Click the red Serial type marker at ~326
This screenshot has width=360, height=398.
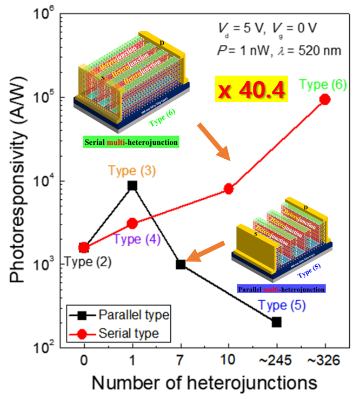[x=325, y=99]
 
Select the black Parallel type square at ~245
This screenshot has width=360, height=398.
[x=277, y=322]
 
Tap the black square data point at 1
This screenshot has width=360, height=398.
[x=132, y=185]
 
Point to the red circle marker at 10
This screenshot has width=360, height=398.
[x=229, y=188]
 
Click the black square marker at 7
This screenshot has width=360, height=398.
[x=181, y=264]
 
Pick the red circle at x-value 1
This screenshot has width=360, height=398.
[x=132, y=223]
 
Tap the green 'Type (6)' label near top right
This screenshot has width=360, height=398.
[x=324, y=84]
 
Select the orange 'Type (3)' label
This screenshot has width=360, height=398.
[x=132, y=171]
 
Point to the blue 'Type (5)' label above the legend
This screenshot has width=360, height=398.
[x=282, y=305]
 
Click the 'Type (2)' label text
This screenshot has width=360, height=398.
[x=88, y=262]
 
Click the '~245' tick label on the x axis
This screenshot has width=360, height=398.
[x=277, y=360]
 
